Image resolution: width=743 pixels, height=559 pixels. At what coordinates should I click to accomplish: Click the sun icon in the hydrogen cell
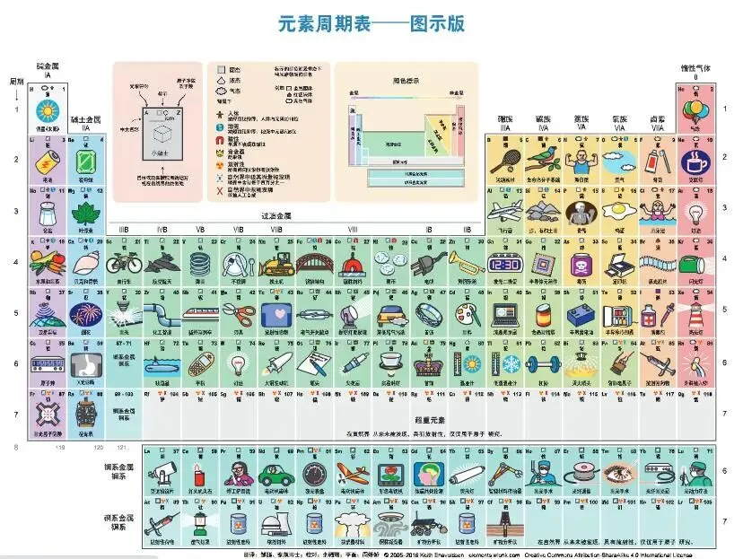[45, 110]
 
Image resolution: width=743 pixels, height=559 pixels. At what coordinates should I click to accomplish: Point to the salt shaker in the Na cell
[45, 213]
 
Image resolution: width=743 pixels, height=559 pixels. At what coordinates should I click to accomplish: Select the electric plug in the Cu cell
[428, 262]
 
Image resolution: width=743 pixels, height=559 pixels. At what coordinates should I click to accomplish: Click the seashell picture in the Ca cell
[84, 263]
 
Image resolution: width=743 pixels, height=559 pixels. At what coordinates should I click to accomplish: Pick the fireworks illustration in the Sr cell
[84, 314]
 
